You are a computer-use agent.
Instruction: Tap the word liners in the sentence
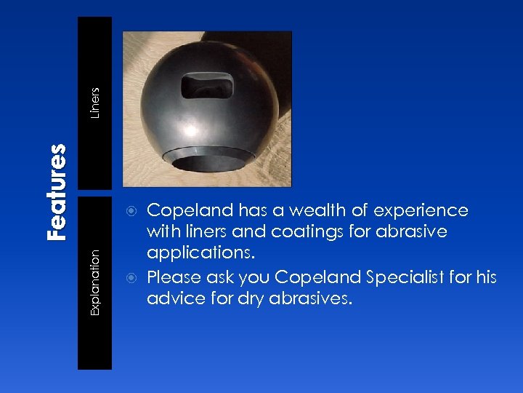coord(199,232)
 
